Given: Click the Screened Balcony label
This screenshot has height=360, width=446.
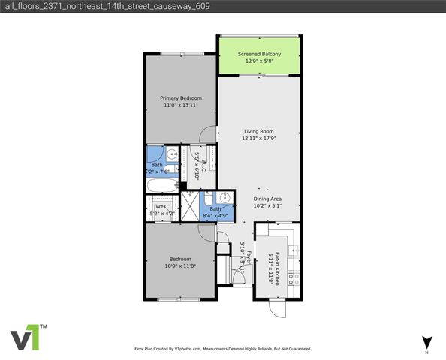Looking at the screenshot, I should (x=259, y=54).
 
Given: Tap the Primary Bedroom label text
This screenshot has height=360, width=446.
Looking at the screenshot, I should (x=180, y=97).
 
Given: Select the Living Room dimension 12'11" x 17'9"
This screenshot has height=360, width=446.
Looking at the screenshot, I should (x=260, y=139).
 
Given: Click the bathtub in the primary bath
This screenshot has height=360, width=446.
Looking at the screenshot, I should (x=160, y=185).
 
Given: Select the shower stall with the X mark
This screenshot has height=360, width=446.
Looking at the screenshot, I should (x=191, y=205).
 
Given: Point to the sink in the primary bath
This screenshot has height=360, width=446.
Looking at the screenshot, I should (x=172, y=154).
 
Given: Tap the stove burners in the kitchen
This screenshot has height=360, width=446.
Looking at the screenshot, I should (x=295, y=277).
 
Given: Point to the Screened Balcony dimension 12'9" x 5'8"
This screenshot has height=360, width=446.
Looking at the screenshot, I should (x=259, y=61).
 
